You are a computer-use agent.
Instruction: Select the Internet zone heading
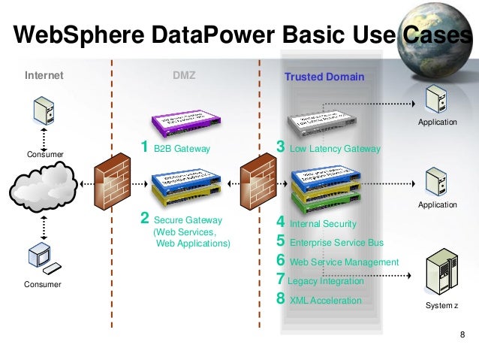(44, 76)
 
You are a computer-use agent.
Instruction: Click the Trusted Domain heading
(324, 77)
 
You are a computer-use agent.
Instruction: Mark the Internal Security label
(322, 224)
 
